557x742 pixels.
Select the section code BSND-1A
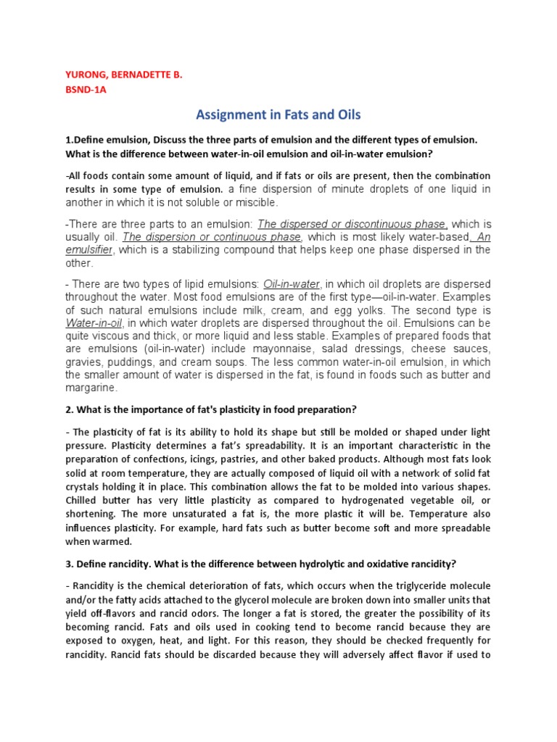[x=86, y=91]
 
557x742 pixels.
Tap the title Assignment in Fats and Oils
[x=278, y=114]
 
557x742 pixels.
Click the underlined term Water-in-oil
[x=94, y=322]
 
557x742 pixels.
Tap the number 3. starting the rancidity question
[x=70, y=564]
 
